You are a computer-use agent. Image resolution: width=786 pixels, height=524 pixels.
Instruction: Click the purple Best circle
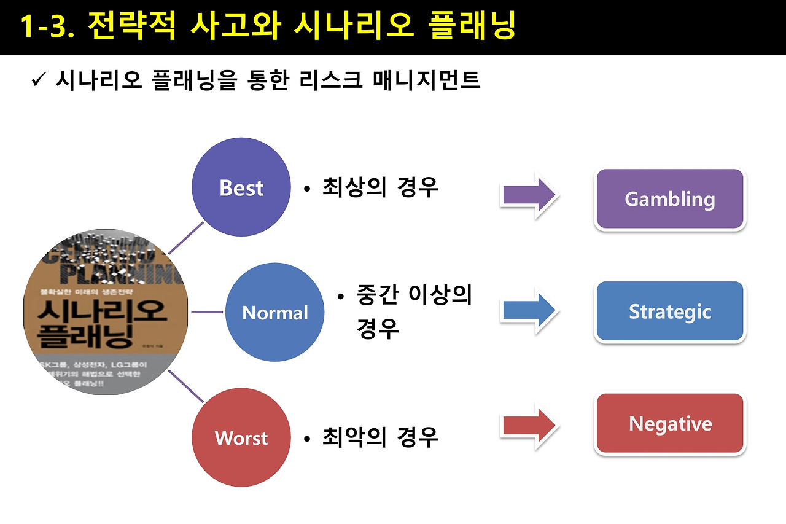[x=241, y=188]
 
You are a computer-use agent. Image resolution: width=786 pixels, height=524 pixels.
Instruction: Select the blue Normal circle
[x=275, y=313]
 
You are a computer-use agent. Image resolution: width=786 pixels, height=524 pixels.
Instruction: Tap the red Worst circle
[x=241, y=438]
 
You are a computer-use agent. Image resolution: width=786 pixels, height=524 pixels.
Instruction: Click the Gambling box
[x=670, y=200]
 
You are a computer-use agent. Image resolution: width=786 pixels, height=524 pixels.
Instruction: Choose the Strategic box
[x=670, y=312]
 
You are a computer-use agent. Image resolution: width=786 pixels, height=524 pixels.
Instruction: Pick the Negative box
[x=670, y=424]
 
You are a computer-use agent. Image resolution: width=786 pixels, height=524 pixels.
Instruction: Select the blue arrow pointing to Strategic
[x=529, y=310]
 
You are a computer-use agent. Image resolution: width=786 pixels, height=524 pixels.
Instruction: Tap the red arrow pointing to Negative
[x=529, y=425]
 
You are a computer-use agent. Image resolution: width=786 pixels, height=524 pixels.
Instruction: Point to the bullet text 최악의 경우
[x=380, y=438]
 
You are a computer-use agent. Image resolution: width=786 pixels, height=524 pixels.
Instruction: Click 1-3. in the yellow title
[x=48, y=26]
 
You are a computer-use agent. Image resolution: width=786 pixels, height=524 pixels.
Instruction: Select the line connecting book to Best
[x=185, y=238]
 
